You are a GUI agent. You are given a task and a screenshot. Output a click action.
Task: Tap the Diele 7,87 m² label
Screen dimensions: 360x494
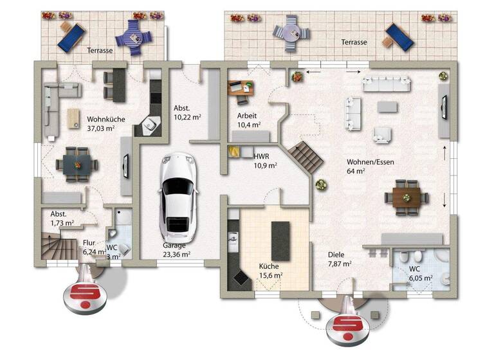[x=338, y=258]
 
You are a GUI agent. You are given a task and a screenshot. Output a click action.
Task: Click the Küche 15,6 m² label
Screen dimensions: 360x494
[x=270, y=270]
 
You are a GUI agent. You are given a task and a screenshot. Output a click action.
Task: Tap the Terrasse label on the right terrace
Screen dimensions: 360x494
[x=354, y=42]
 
